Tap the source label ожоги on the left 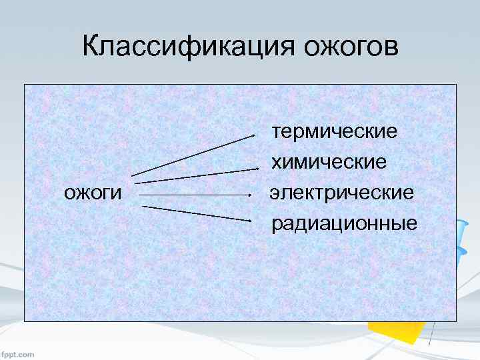[93, 193]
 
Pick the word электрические [341, 193]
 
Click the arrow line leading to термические [193, 155]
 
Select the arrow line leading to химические [193, 175]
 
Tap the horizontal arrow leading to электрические [193, 195]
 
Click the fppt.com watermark [18, 354]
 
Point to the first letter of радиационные [277, 225]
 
